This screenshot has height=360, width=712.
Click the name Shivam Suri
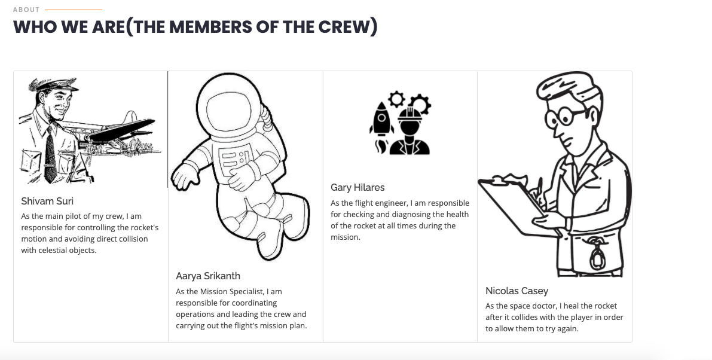point(47,201)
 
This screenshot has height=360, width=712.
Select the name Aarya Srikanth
point(207,276)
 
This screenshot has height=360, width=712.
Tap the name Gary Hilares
point(357,187)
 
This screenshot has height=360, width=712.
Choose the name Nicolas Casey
point(517,291)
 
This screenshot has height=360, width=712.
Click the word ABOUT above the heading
point(26,10)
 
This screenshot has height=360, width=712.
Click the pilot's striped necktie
point(50,155)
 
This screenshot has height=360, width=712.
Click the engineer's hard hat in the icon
point(409,115)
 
